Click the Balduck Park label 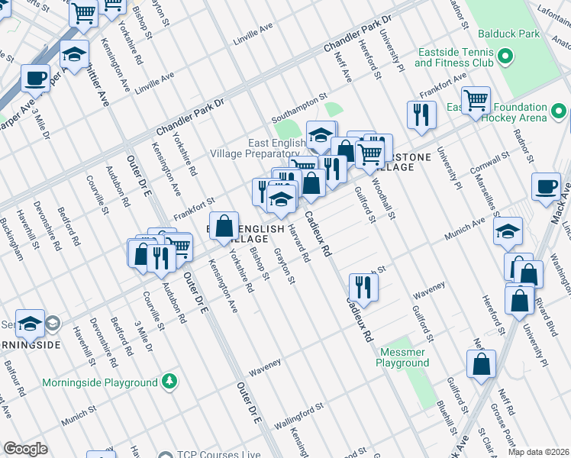(509, 34)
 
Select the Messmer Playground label (402, 358)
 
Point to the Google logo (25, 449)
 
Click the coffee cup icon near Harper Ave (35, 78)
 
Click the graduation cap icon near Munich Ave (508, 231)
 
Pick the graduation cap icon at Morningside (30, 324)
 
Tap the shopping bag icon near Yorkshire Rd (223, 226)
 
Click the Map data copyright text (538, 452)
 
